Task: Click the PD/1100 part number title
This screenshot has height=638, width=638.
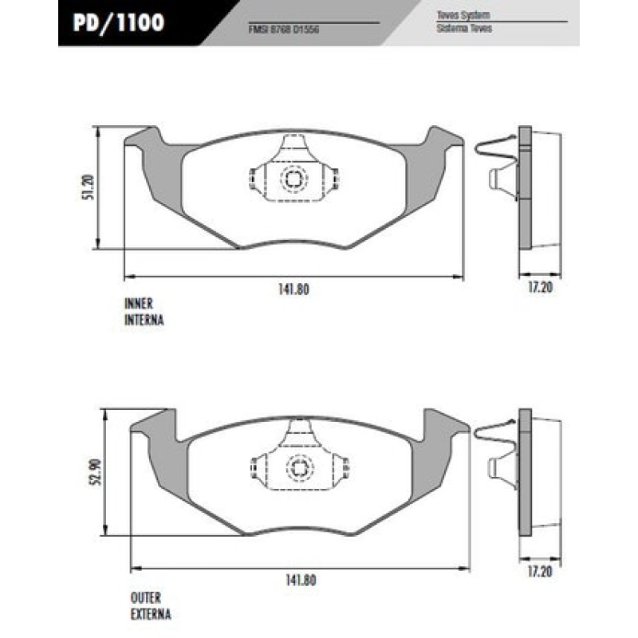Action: pyautogui.click(x=119, y=22)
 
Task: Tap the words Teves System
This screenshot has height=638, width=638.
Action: pyautogui.click(x=463, y=15)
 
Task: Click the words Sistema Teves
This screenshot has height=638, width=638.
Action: pyautogui.click(x=464, y=28)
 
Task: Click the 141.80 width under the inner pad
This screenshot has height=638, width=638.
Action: pyautogui.click(x=293, y=290)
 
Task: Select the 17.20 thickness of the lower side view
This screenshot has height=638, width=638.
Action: pyautogui.click(x=540, y=572)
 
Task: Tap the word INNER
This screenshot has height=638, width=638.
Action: pyautogui.click(x=138, y=304)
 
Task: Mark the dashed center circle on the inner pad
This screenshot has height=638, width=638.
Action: pyautogui.click(x=292, y=179)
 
